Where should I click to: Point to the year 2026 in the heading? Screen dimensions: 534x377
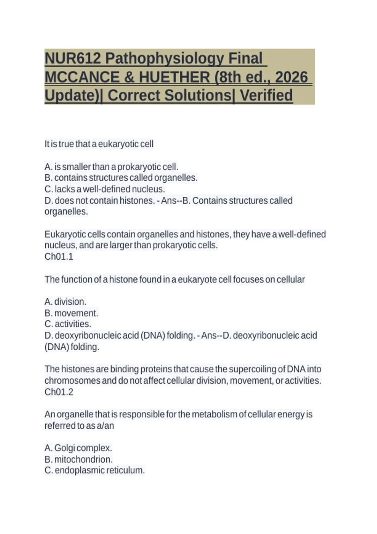[x=291, y=77]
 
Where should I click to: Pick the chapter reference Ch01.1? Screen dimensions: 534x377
[x=59, y=257]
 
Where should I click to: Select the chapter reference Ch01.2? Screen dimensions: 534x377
[x=59, y=392]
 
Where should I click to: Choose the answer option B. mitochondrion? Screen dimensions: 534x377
[x=79, y=459]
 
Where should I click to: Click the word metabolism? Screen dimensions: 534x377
[x=214, y=414]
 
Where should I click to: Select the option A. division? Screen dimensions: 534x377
[x=65, y=302]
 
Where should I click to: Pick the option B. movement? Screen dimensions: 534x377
[x=71, y=313]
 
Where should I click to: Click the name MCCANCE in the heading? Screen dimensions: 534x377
[x=82, y=77]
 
